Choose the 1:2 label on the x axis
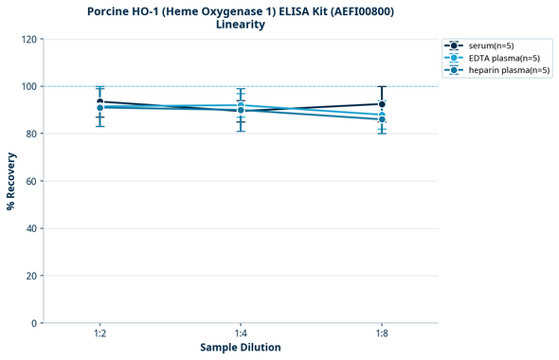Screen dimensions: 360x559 point(99,333)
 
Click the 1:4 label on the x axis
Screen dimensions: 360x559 point(241,333)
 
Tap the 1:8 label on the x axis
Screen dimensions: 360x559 point(382,333)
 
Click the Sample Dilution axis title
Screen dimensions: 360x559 point(241,348)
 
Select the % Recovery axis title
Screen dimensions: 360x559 point(11,181)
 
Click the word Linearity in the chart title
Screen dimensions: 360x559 point(241,25)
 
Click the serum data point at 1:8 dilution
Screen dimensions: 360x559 point(382,104)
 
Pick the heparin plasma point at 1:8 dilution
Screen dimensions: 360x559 point(382,119)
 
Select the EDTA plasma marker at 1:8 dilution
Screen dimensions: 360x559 point(382,115)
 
